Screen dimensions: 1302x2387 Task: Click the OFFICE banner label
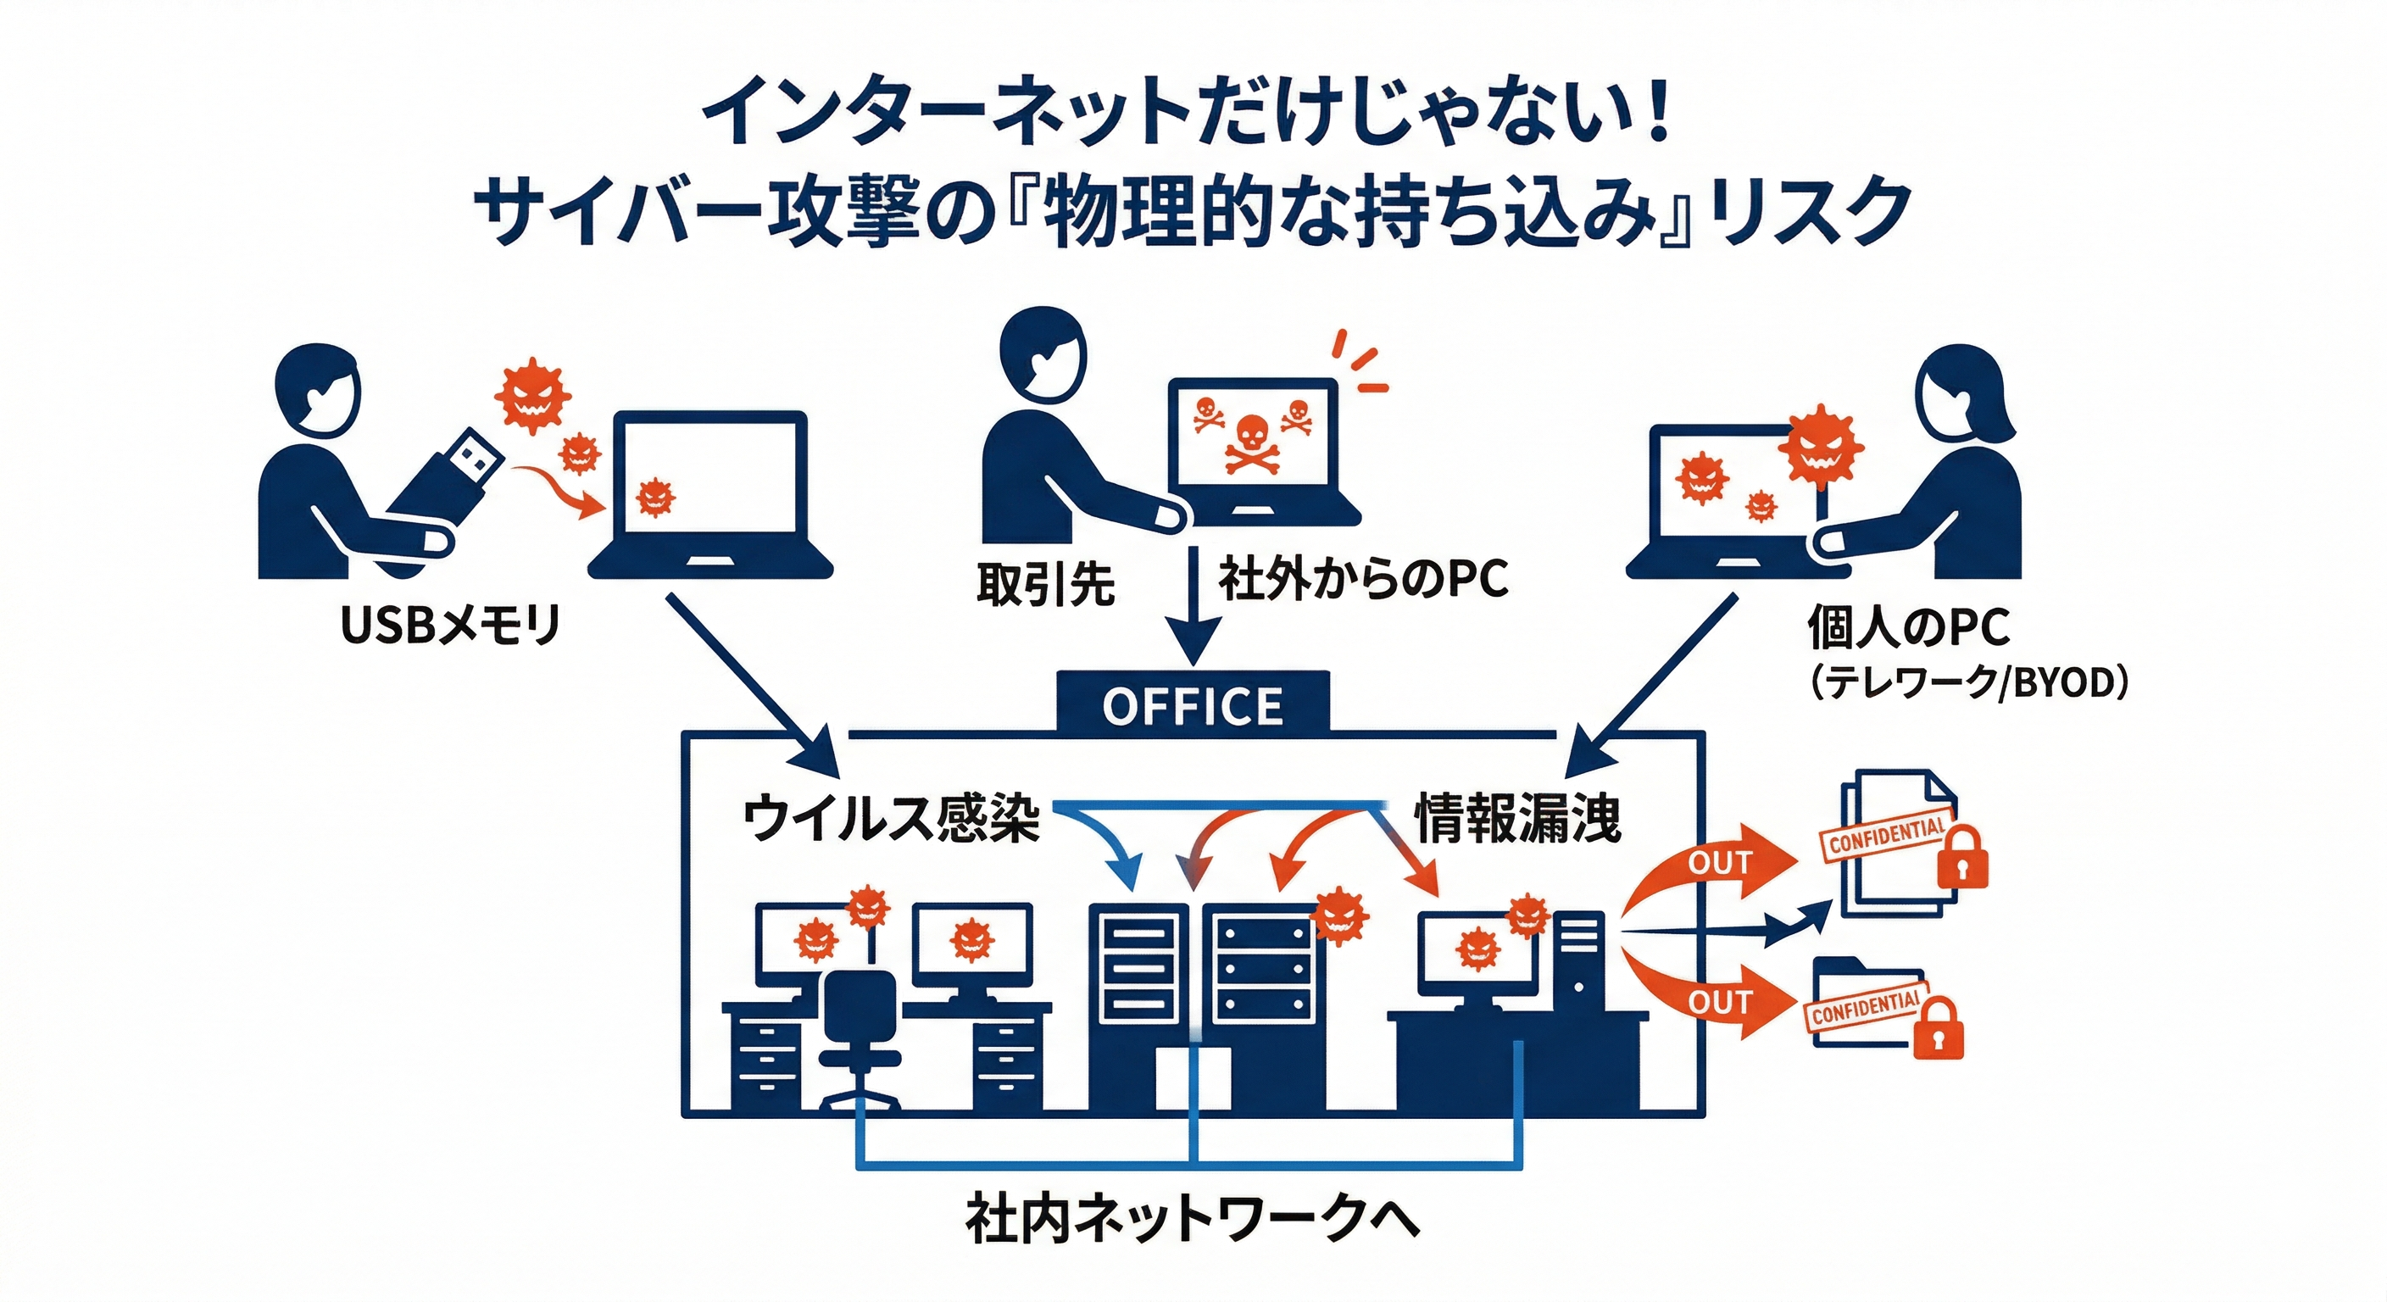tap(1193, 706)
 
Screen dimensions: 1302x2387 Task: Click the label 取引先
tap(1045, 584)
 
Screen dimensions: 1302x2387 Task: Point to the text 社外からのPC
tap(1363, 579)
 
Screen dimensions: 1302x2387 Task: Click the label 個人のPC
tap(1910, 627)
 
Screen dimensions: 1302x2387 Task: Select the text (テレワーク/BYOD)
tap(1968, 683)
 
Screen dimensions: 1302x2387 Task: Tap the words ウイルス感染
tap(891, 818)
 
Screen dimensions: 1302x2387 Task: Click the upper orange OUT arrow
tap(1714, 863)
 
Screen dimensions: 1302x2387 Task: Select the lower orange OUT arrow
tap(1714, 1002)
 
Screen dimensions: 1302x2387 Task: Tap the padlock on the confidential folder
tap(1938, 1027)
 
